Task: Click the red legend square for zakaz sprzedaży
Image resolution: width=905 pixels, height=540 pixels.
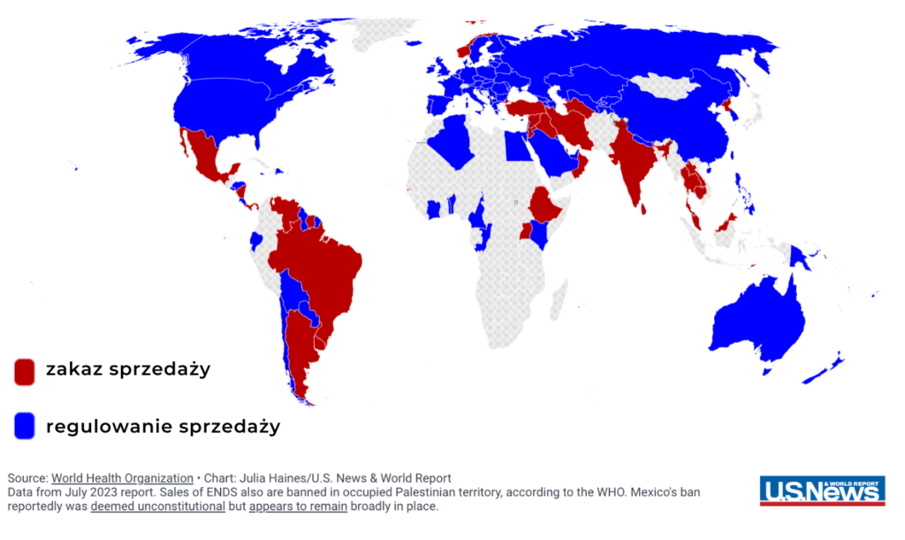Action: pyautogui.click(x=24, y=371)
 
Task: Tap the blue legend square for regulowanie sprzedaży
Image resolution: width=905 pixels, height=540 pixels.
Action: pyautogui.click(x=24, y=426)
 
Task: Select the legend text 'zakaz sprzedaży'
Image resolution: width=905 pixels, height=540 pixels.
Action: pyautogui.click(x=128, y=369)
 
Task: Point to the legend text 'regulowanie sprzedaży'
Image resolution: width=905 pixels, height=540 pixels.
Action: pyautogui.click(x=163, y=426)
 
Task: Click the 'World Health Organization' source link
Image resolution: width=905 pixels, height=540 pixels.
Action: pyautogui.click(x=122, y=478)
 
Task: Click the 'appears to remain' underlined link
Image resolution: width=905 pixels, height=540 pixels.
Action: pyautogui.click(x=297, y=506)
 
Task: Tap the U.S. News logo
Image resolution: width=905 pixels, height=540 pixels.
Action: pyautogui.click(x=822, y=491)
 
